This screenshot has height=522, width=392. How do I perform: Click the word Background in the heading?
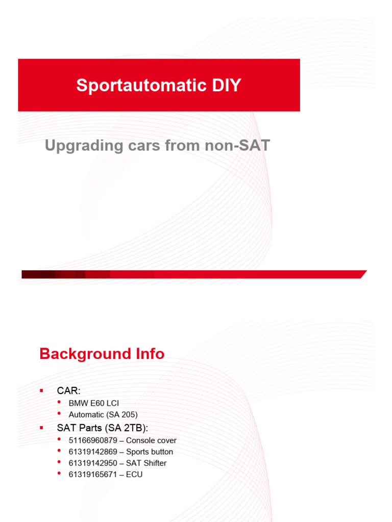82,354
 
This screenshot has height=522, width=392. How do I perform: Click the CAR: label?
68,391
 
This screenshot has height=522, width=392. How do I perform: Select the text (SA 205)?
120,414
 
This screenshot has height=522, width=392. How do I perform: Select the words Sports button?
150,452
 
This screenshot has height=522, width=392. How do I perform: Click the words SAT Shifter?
146,463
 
